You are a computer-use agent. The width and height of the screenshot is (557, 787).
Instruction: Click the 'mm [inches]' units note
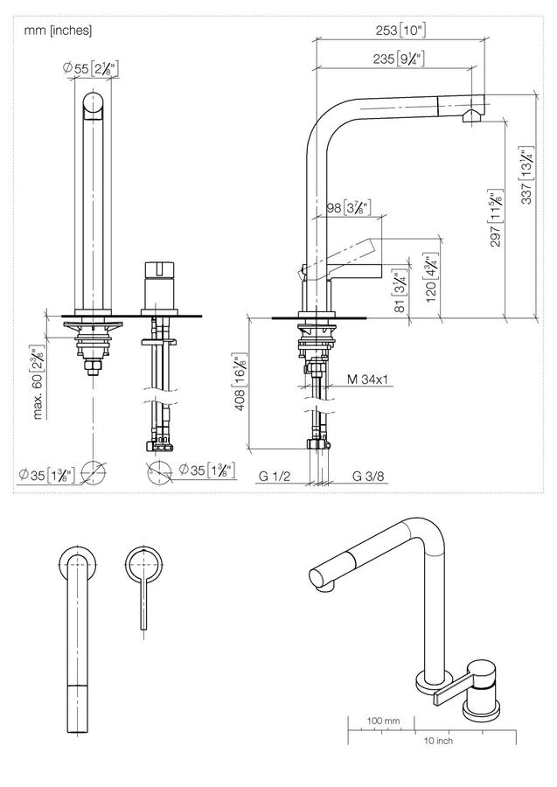[58, 31]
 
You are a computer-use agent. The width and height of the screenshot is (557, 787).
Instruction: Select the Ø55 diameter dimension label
[91, 69]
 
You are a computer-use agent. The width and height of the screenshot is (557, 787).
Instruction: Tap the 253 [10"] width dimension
[400, 30]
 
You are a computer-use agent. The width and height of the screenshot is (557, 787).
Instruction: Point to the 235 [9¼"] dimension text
[399, 59]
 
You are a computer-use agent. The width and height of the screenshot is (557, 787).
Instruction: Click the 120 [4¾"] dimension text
[432, 277]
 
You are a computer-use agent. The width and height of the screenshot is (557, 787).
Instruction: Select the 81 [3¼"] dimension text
[400, 292]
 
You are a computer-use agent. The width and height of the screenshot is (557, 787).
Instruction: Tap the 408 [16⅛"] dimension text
[240, 383]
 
